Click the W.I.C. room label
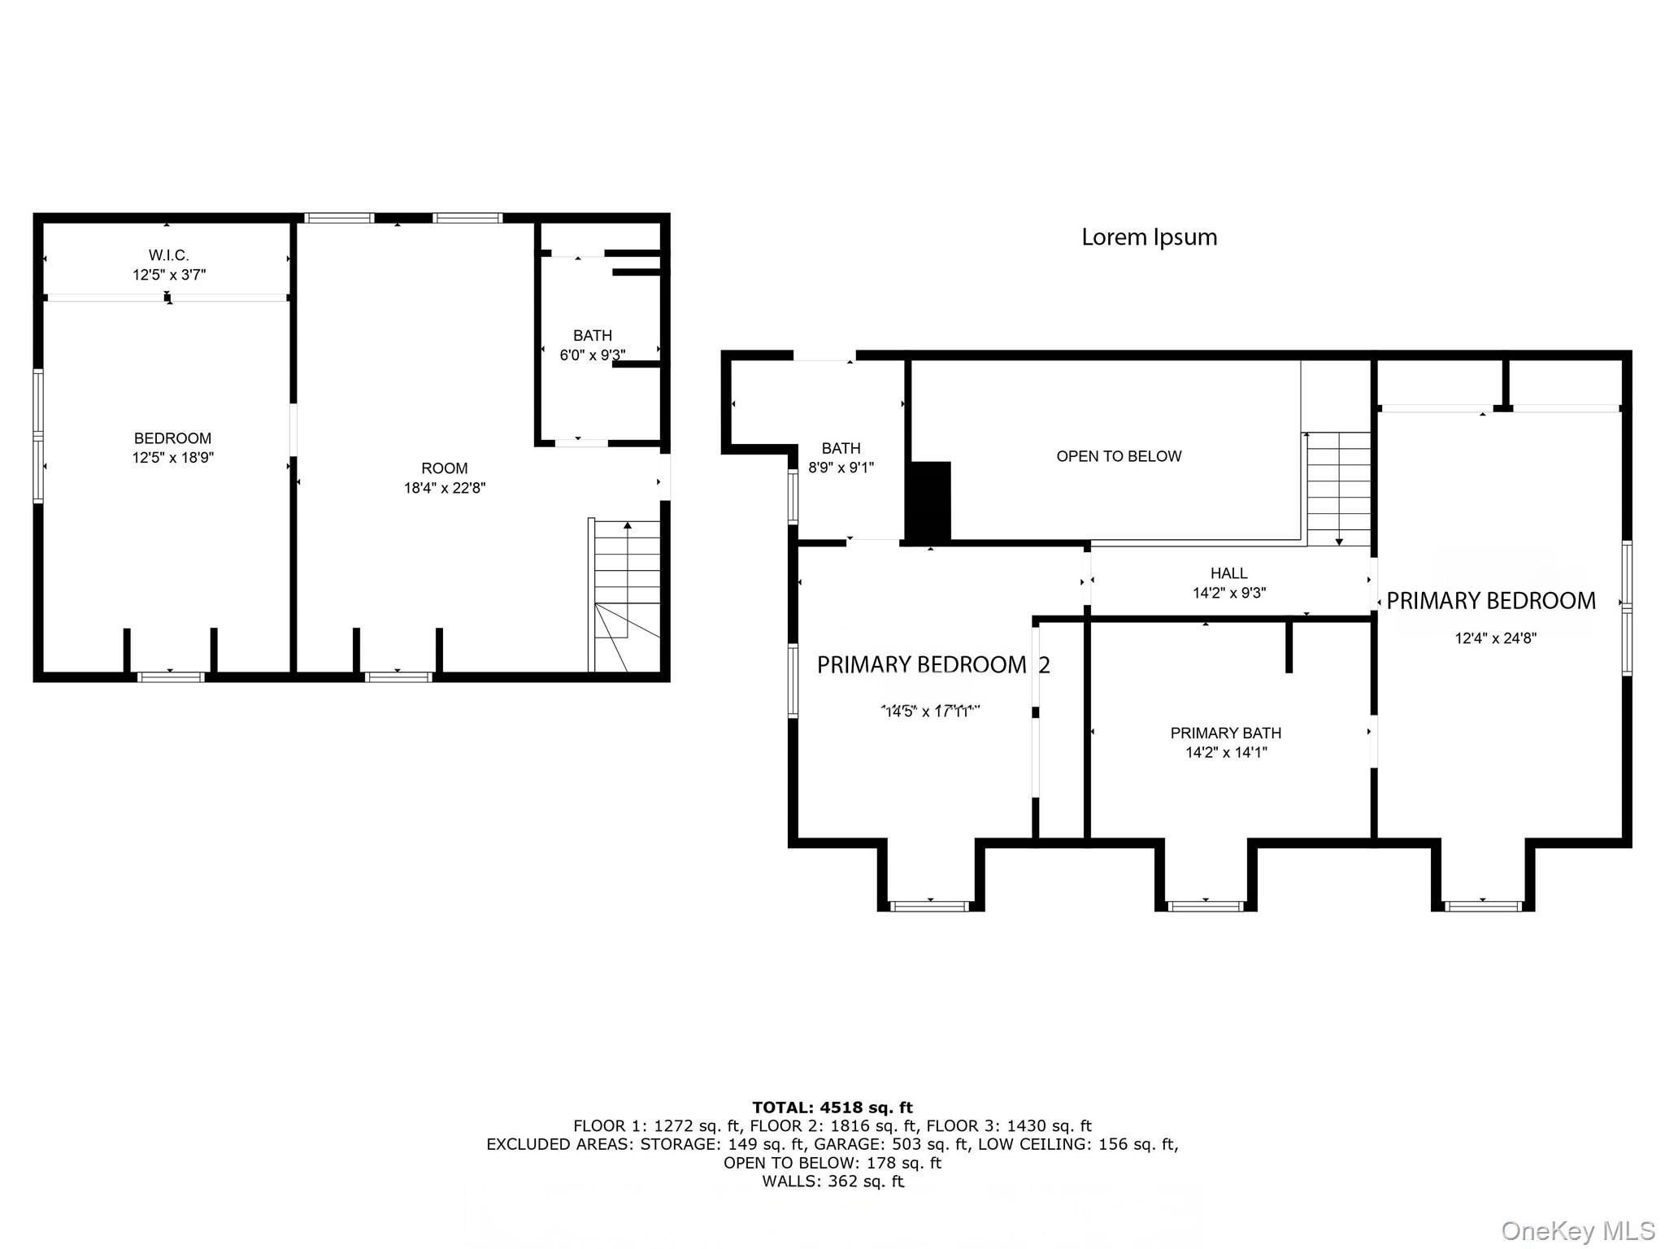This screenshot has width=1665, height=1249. pyautogui.click(x=169, y=255)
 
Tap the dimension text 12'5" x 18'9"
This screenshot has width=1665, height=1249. pyautogui.click(x=172, y=458)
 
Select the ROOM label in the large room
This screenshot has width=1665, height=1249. pyautogui.click(x=444, y=468)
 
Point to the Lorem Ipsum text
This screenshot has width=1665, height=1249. pyautogui.click(x=1149, y=237)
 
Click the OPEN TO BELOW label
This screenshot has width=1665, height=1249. pyautogui.click(x=1119, y=456)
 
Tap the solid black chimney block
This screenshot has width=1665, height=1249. pyautogui.click(x=929, y=501)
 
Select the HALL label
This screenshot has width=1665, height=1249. pyautogui.click(x=1228, y=573)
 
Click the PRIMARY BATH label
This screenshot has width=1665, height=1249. pyautogui.click(x=1225, y=733)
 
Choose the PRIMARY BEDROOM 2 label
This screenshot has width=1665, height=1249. pyautogui.click(x=932, y=665)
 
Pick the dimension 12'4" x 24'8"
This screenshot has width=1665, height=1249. pyautogui.click(x=1495, y=638)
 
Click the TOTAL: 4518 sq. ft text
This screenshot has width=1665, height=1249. pyautogui.click(x=832, y=1108)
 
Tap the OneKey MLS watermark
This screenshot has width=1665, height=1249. pyautogui.click(x=1577, y=1231)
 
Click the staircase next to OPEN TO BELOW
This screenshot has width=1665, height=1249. pyautogui.click(x=1338, y=488)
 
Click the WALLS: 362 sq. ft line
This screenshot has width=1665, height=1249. pyautogui.click(x=832, y=1182)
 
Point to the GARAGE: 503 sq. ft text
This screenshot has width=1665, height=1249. pyautogui.click(x=890, y=1144)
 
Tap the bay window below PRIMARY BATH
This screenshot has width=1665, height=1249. pyautogui.click(x=1205, y=905)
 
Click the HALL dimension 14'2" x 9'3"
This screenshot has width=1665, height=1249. pyautogui.click(x=1228, y=594)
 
